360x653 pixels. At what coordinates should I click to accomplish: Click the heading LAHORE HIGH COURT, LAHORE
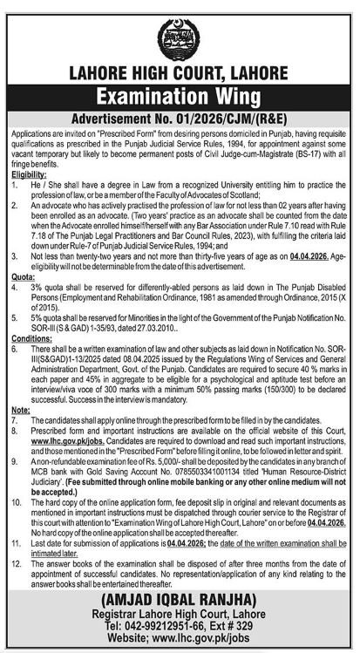pos(180,77)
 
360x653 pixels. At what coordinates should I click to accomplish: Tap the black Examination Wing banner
pos(180,97)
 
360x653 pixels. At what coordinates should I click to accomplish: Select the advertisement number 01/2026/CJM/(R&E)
pos(228,116)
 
